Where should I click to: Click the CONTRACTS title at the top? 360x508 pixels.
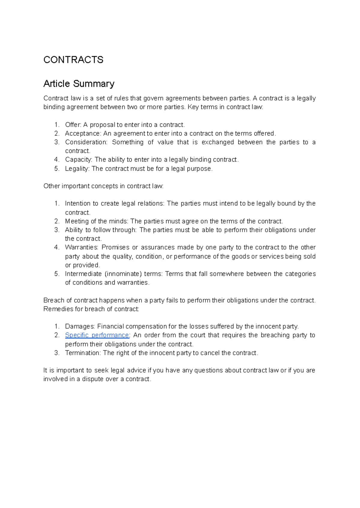[x=73, y=60]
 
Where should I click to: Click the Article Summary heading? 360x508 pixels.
[x=79, y=83]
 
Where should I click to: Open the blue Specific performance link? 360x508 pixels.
[x=97, y=335]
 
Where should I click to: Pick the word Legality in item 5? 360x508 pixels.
[x=77, y=169]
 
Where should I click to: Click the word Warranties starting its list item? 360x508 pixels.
[x=81, y=247]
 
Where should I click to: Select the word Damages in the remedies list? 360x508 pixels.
[x=79, y=326]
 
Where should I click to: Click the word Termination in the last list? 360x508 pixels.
[x=82, y=353]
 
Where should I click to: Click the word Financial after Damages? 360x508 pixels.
[x=110, y=326]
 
